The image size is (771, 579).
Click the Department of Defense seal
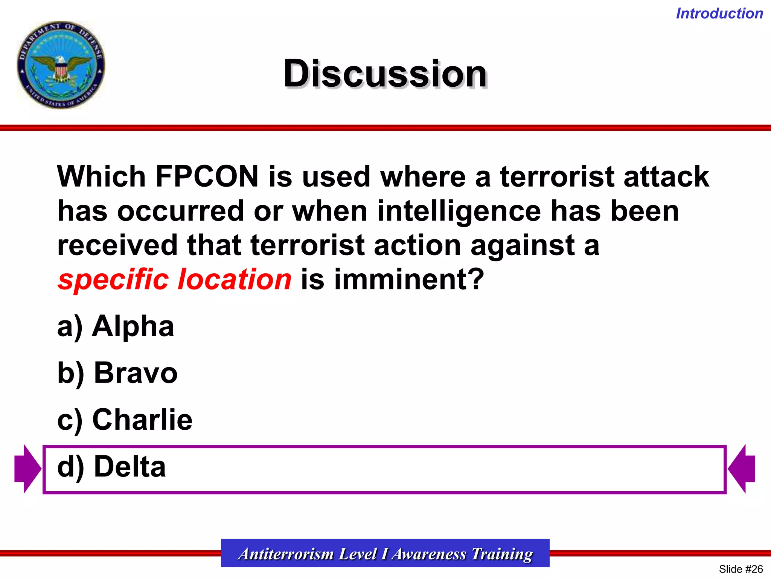point(61,65)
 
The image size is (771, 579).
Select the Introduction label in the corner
point(719,14)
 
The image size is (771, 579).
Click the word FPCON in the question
point(207,176)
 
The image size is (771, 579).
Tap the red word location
point(235,280)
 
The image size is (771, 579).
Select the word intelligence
point(459,211)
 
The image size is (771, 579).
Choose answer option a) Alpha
point(116,326)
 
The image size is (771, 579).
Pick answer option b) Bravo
point(117,373)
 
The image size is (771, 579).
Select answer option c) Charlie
point(125,420)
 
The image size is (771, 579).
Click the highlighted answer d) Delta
point(111,467)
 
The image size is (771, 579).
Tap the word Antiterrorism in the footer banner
point(286,554)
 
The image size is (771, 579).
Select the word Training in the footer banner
point(502,554)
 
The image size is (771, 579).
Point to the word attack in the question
point(666,176)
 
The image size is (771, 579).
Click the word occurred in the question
point(181,211)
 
